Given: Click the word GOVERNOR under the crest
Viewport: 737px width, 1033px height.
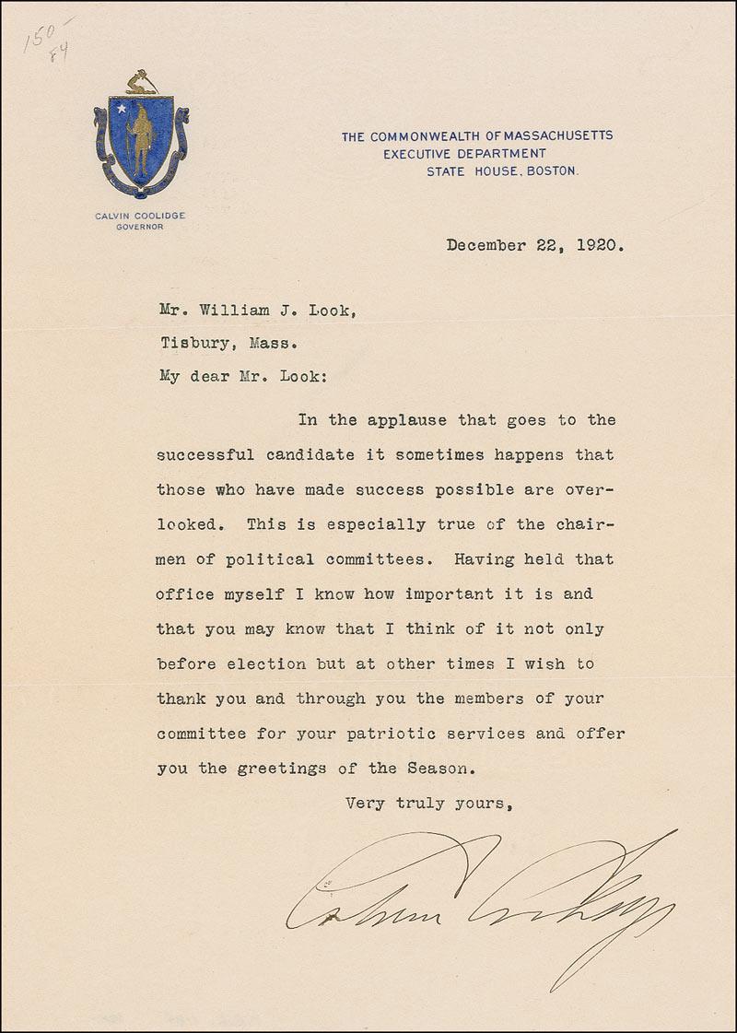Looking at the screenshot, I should click(140, 227).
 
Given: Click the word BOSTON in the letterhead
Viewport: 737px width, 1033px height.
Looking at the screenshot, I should click(554, 170).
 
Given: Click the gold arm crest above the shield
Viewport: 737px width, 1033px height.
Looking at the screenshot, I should click(140, 84).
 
